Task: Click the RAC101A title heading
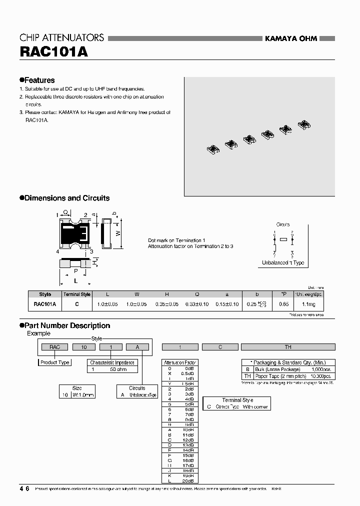pyautogui.click(x=53, y=52)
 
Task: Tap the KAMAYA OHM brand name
pyautogui.click(x=290, y=38)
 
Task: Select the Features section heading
pyautogui.click(x=37, y=80)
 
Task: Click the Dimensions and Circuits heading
pyautogui.click(x=64, y=198)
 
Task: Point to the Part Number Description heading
pyautogui.click(x=64, y=325)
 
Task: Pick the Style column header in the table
pyautogui.click(x=45, y=294)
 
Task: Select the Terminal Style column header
pyautogui.click(x=76, y=294)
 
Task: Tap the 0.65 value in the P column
pyautogui.click(x=283, y=304)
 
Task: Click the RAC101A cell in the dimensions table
pyautogui.click(x=45, y=304)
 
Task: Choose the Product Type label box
pyautogui.click(x=55, y=362)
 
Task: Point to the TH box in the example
pyautogui.click(x=287, y=346)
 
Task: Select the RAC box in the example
pyautogui.click(x=55, y=346)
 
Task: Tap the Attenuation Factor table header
pyautogui.click(x=180, y=362)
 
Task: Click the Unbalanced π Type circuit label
pyautogui.click(x=283, y=263)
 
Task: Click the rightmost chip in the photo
pyautogui.click(x=303, y=124)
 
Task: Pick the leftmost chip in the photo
pyautogui.click(x=213, y=148)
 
